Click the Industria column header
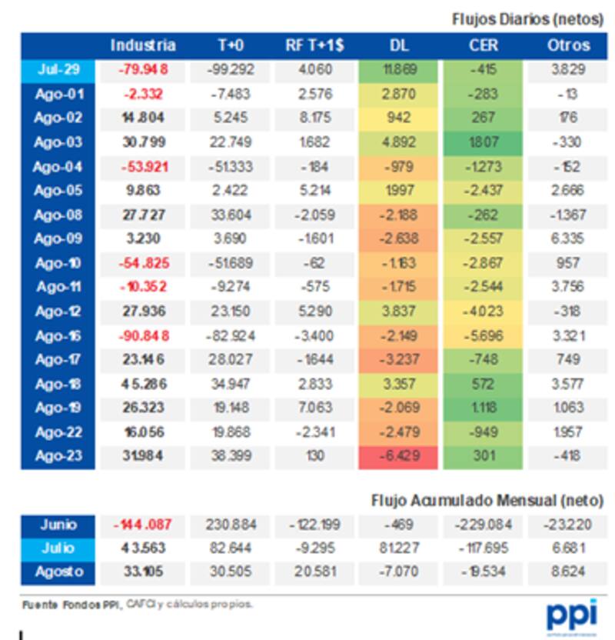tap(143, 45)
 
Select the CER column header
tap(484, 45)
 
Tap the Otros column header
tap(568, 45)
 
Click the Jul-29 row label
tap(58, 70)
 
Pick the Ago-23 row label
tap(58, 457)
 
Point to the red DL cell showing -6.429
tap(397, 457)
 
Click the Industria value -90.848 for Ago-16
tap(143, 335)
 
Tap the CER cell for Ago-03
tap(484, 142)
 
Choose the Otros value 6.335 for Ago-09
tap(568, 239)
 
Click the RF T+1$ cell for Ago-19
tap(314, 408)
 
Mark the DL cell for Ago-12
tap(397, 312)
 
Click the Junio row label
tap(58, 525)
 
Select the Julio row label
tap(58, 549)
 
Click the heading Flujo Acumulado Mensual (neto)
tap(487, 501)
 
